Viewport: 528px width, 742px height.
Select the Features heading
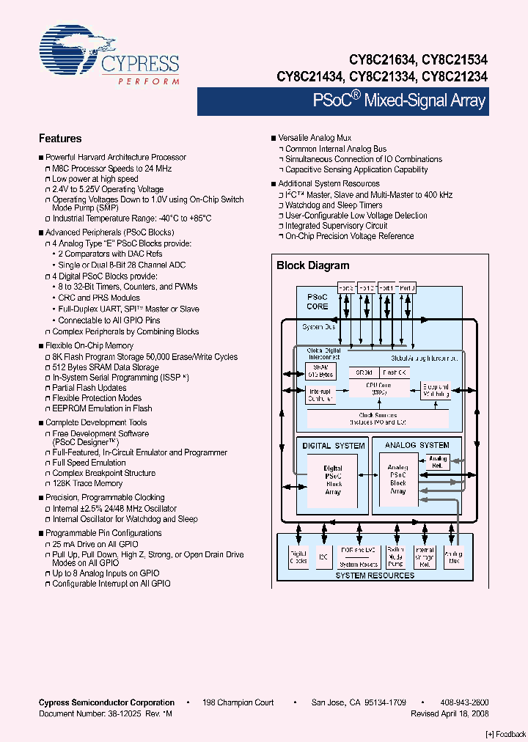coord(60,139)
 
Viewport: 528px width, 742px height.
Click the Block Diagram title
coord(312,265)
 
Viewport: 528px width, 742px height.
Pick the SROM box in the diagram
coord(364,372)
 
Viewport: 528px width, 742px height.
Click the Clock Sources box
coord(377,419)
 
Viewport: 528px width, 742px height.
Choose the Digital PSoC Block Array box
coord(333,480)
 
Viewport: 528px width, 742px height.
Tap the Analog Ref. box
coord(438,463)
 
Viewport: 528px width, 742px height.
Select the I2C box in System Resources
coord(323,556)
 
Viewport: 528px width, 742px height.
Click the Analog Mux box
coord(454,556)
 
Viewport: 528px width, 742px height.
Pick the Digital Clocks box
coord(298,556)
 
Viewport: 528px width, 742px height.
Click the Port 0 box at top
coord(407,288)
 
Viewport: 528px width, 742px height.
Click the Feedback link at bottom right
coord(505,734)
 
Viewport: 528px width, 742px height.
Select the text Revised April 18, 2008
coord(450,713)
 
